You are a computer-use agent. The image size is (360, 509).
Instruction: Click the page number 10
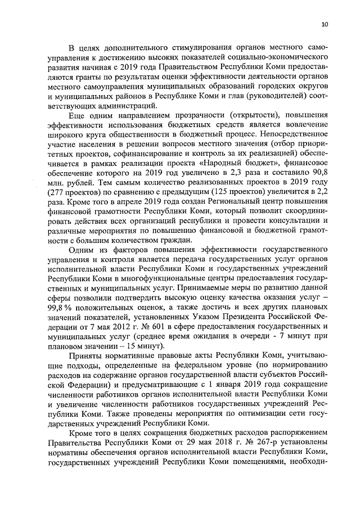pos(325,24)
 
